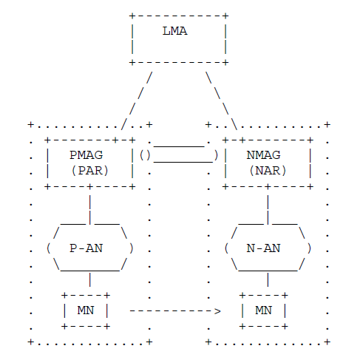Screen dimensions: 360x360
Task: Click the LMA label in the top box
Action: click(x=174, y=31)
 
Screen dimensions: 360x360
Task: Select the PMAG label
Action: click(x=86, y=155)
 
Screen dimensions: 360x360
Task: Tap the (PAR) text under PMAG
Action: click(x=90, y=171)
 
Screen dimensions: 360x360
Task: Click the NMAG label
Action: click(x=263, y=155)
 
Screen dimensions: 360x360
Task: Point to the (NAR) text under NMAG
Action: click(x=268, y=171)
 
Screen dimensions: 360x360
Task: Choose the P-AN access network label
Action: click(x=86, y=248)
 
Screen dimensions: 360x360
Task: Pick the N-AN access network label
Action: click(x=263, y=248)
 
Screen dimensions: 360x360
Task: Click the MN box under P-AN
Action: click(x=86, y=310)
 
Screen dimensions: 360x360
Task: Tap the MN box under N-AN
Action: click(x=263, y=310)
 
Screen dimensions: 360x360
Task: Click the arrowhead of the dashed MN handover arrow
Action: click(x=217, y=311)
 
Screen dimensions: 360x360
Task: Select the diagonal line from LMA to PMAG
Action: click(x=137, y=101)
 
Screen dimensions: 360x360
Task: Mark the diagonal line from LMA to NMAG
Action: click(x=222, y=101)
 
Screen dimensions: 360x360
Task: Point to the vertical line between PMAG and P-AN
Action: click(x=90, y=210)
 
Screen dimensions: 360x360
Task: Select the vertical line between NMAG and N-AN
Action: click(x=268, y=210)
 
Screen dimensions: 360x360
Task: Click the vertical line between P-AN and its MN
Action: click(x=90, y=279)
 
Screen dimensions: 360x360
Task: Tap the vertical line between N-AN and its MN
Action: click(x=268, y=279)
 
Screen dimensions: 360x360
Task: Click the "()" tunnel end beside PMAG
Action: click(x=145, y=155)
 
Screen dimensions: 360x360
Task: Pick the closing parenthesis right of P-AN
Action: click(x=132, y=248)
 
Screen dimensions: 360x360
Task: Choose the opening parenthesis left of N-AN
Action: click(x=227, y=248)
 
